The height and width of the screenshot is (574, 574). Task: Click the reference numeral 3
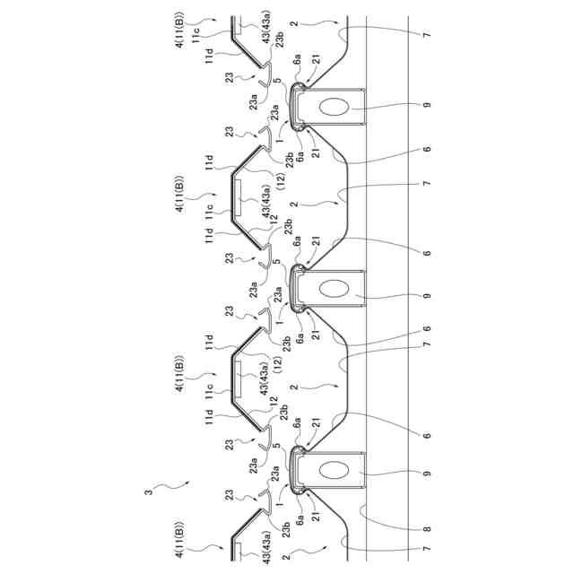150,491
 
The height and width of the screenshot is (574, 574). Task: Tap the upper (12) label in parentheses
280,183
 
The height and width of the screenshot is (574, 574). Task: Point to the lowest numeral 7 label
426,549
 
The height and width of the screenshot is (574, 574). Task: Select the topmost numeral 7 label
426,35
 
